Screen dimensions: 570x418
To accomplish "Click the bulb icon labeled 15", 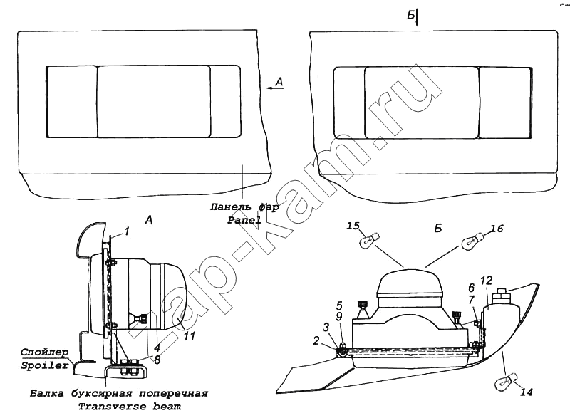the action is tap(369, 241).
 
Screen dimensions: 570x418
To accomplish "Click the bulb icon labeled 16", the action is tap(472, 241).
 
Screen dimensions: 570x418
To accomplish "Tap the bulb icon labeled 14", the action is tap(504, 383).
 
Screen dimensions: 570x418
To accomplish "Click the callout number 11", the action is tap(189, 336).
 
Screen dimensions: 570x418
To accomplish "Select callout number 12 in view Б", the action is tap(487, 281).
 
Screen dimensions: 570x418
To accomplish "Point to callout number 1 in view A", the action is tap(126, 231).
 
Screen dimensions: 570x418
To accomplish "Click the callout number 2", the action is tap(316, 340).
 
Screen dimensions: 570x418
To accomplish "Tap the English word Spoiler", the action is tap(44, 365).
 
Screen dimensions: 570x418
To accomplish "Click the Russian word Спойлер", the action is tap(44, 352).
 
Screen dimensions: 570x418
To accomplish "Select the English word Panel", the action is tap(244, 220).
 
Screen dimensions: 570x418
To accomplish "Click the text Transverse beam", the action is tap(130, 406).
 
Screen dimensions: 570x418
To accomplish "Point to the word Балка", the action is tap(46, 393).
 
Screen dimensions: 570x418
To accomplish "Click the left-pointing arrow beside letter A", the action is tap(271, 88).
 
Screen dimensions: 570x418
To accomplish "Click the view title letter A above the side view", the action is tap(149, 220).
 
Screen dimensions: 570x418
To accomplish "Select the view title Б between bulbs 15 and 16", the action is tap(438, 228).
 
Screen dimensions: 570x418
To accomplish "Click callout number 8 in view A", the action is tap(157, 360).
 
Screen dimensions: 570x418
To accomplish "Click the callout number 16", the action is tap(497, 229).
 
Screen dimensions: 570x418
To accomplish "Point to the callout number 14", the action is tap(527, 392).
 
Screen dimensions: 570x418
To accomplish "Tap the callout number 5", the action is tap(339, 305).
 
